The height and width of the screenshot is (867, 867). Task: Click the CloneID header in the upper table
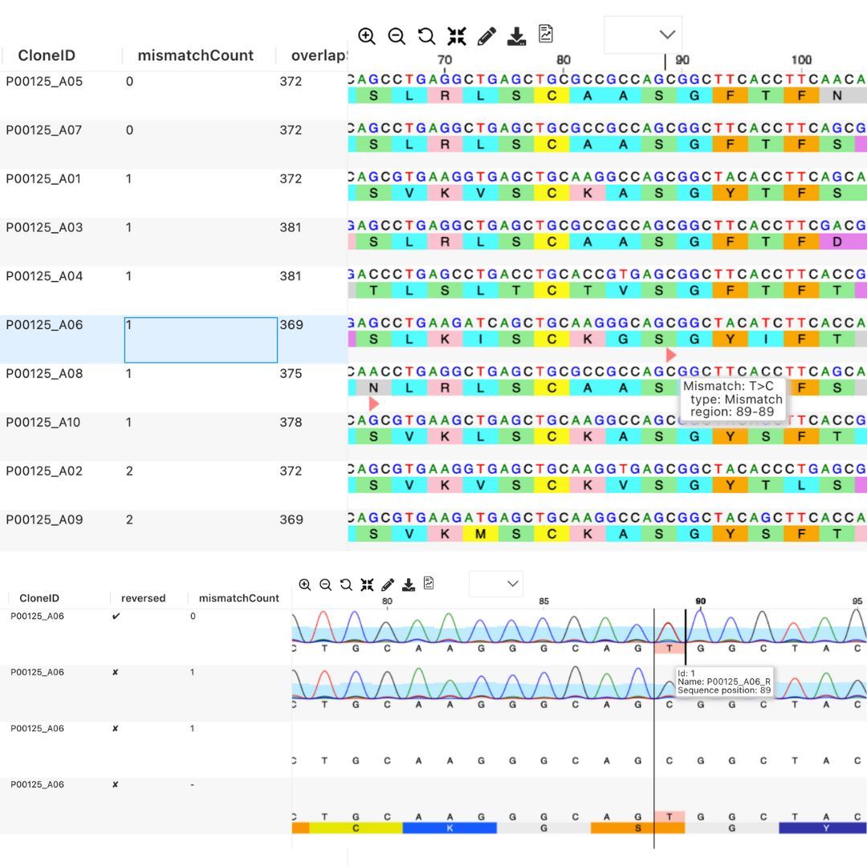[47, 55]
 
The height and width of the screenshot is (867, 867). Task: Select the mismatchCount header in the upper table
[195, 55]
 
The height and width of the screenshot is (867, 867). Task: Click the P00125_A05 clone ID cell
[44, 81]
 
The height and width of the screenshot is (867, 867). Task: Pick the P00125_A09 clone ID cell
[44, 519]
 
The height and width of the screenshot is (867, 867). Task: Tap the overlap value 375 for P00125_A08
[291, 373]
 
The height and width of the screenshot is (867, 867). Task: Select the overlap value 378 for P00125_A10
[291, 422]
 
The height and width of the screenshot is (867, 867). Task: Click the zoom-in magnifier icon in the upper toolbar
[367, 36]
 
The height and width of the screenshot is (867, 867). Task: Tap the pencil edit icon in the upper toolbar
[486, 36]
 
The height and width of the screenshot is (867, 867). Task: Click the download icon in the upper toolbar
[517, 36]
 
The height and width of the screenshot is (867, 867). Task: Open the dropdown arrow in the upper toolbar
[667, 35]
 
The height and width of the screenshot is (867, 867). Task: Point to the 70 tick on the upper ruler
[445, 60]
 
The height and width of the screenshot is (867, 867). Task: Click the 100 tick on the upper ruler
[801, 60]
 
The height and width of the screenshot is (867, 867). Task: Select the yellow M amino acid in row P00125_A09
[480, 534]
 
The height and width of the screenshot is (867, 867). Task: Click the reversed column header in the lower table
[143, 598]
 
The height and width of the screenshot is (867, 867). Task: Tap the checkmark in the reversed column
[116, 617]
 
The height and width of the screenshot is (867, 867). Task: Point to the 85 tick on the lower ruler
[543, 602]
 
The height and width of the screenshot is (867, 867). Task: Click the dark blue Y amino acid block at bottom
[824, 828]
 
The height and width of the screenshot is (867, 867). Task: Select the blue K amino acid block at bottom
[450, 828]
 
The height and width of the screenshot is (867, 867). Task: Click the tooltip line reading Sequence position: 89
[723, 690]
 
